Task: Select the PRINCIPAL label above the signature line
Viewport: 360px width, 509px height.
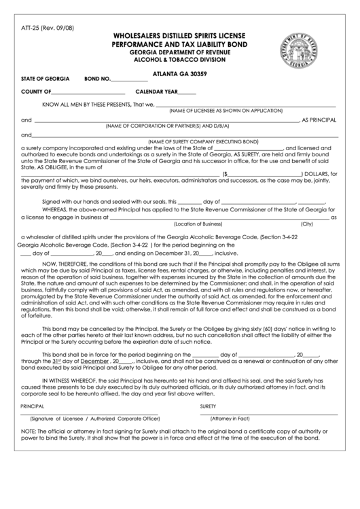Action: click(x=33, y=406)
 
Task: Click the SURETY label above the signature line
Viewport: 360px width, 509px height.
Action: click(x=208, y=406)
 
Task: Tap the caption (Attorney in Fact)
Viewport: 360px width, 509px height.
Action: click(x=230, y=419)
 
